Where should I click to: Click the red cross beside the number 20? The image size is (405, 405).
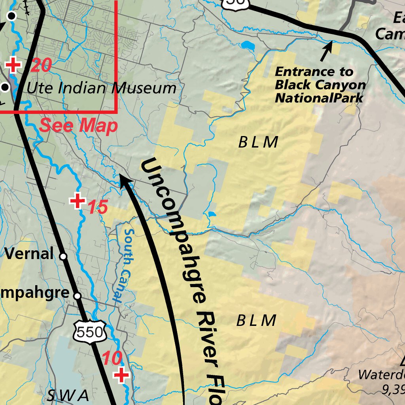(x=13, y=65)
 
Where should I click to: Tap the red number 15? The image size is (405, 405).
(x=97, y=207)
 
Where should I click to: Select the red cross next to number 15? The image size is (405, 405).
(x=78, y=201)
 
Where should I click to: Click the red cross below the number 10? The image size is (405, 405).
(x=121, y=375)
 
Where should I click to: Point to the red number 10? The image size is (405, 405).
(x=112, y=359)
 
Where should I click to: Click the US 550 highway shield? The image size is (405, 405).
(x=91, y=332)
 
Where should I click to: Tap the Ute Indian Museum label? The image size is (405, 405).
(x=101, y=88)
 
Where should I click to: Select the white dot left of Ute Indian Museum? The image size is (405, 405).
(x=5, y=87)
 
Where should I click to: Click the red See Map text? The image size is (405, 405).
(x=79, y=126)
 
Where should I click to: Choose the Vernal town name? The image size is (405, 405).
(x=28, y=254)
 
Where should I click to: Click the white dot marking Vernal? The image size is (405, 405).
(x=63, y=256)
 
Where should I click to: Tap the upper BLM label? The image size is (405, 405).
(x=258, y=142)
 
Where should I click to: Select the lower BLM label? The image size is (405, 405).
(x=256, y=321)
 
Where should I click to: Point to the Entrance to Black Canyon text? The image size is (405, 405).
(x=320, y=85)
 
